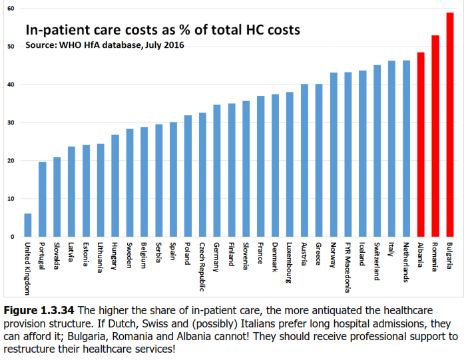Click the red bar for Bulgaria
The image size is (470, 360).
(x=450, y=124)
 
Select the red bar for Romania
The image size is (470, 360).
(x=435, y=136)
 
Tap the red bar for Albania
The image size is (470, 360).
(x=421, y=144)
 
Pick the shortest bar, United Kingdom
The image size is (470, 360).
(x=27, y=225)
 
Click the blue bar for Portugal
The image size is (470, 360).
(x=42, y=199)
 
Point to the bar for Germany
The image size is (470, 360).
(x=217, y=170)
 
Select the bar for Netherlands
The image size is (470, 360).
(x=406, y=148)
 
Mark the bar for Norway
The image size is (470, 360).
(x=334, y=154)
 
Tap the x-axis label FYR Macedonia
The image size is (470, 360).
(x=348, y=267)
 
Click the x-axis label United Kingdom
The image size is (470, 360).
(x=27, y=269)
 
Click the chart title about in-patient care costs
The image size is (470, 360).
(x=162, y=30)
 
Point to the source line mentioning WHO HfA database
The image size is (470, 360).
(x=105, y=45)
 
